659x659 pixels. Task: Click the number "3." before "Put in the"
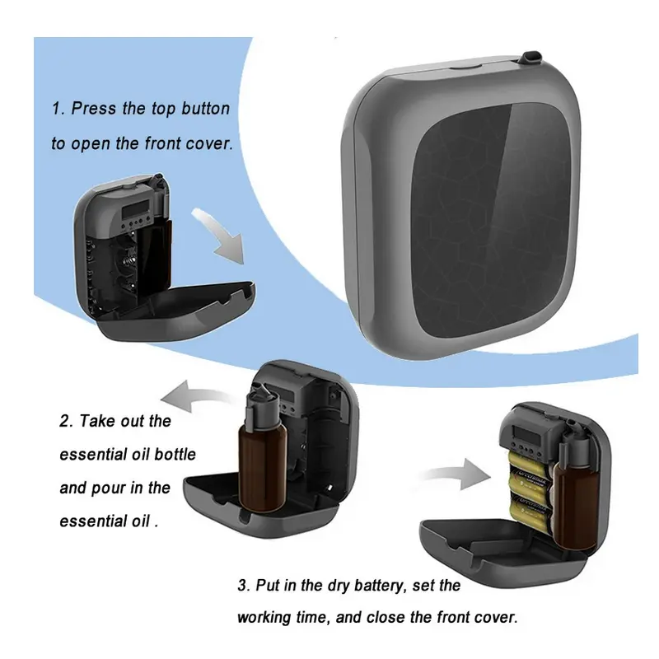[x=244, y=587]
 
